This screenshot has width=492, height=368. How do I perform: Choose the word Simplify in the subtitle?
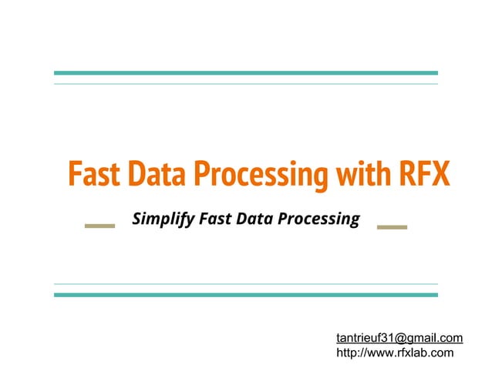pos(163,220)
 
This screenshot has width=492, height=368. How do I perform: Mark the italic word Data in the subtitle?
pos(256,219)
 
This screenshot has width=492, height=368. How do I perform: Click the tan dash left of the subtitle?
pos(99,226)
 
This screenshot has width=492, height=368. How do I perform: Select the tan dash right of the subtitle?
pos(392,226)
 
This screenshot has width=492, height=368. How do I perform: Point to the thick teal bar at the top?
pos(245,73)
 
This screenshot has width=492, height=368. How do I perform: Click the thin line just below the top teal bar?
pos(245,83)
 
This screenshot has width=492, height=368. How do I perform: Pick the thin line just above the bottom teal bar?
pos(245,284)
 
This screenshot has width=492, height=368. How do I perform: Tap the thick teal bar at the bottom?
pos(245,295)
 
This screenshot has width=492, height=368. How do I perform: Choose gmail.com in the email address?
pos(436,337)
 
